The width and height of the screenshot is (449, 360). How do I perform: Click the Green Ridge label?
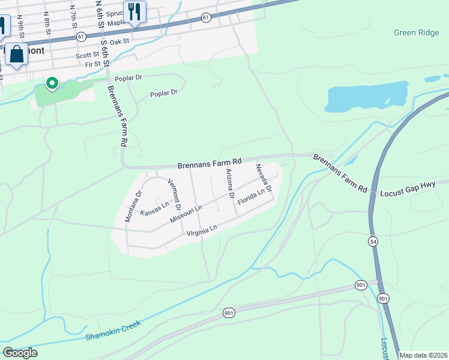[x=417, y=32]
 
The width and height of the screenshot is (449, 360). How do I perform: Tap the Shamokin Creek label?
[x=113, y=330]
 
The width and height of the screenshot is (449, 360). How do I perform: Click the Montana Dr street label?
[x=133, y=206]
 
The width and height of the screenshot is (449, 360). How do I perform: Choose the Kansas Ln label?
[x=154, y=209]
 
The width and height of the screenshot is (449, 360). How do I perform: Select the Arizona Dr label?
[x=229, y=184]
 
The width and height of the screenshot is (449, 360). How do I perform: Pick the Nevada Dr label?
[x=264, y=178]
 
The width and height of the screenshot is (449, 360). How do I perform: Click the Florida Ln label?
[x=251, y=197]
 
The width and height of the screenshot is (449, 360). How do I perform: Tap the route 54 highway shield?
[x=373, y=241]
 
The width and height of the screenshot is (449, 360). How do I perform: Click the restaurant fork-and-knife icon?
[x=133, y=11]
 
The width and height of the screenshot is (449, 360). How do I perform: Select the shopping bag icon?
[x=17, y=55]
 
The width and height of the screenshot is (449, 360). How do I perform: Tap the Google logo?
[x=20, y=353]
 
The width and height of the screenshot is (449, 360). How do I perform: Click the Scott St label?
[x=87, y=55]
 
